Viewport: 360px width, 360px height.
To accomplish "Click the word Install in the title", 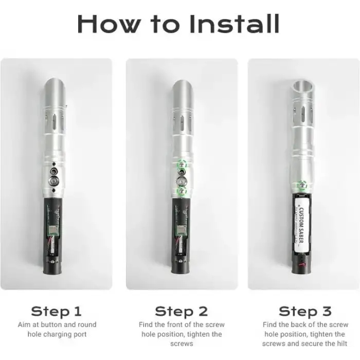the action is (235, 24).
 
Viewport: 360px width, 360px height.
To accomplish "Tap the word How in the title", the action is (109, 24).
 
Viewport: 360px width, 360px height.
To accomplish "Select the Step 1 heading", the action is (57, 311).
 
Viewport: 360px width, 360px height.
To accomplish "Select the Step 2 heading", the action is (182, 311).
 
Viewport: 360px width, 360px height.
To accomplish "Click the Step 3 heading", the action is (305, 311).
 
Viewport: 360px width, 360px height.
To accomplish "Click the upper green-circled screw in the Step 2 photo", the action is (182, 165).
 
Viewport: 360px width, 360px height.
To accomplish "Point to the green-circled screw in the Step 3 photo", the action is (302, 185).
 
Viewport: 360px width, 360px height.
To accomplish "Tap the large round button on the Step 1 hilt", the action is (54, 181).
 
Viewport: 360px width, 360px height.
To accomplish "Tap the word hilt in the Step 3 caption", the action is (343, 344).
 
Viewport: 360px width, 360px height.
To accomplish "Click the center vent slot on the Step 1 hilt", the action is (54, 122).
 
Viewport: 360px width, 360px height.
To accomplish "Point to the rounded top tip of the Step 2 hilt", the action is (182, 81).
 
